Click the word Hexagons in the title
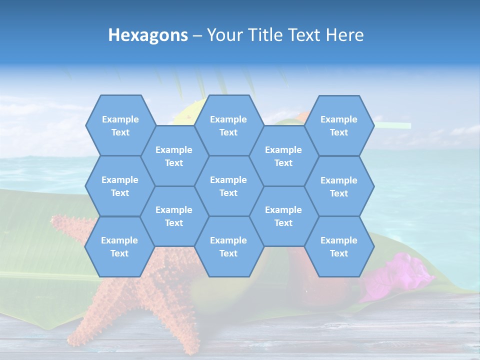click(148, 35)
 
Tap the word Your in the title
click(224, 35)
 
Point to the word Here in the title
click(344, 35)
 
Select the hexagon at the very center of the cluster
click(228, 186)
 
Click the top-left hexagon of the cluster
click(120, 125)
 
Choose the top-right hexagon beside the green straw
click(339, 125)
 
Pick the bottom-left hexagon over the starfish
click(119, 246)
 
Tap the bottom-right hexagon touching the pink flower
click(339, 246)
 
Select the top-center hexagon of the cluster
click(228, 125)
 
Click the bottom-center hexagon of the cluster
click(228, 246)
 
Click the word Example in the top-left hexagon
click(120, 119)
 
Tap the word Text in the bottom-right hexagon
click(339, 253)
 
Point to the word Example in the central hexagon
click(228, 180)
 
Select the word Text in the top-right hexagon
click(339, 132)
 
